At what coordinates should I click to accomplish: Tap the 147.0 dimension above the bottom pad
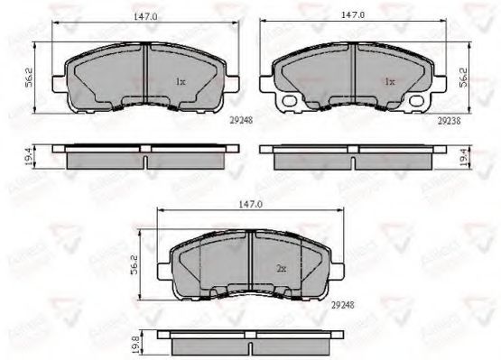(x=250, y=206)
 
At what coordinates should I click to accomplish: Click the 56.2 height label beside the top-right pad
(x=465, y=78)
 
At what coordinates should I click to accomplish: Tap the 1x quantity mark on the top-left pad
(x=180, y=82)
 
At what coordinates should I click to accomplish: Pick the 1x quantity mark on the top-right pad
(x=389, y=82)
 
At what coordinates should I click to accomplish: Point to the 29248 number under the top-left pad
(x=237, y=118)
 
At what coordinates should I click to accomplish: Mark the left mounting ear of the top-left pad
(x=58, y=84)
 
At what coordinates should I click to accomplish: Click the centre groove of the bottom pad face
(x=250, y=262)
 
